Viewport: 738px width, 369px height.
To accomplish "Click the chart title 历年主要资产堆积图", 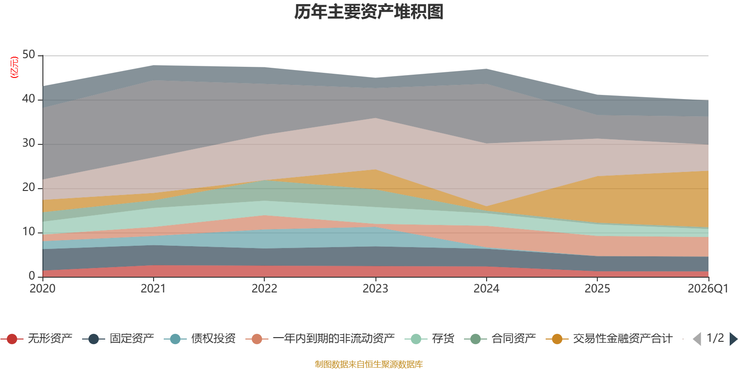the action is (x=369, y=12).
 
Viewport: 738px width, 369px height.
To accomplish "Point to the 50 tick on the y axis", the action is (x=29, y=54).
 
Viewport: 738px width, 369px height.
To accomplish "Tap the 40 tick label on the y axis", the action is (x=29, y=99).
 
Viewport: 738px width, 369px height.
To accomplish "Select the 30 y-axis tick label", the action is (x=29, y=143).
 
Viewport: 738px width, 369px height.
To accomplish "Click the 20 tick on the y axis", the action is (x=29, y=187).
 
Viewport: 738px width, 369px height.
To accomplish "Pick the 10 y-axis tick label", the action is (x=29, y=232).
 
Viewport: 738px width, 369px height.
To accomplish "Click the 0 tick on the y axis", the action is (x=32, y=276).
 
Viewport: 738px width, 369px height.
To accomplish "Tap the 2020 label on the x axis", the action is (x=42, y=289).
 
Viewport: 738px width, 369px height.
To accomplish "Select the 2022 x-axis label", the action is (x=264, y=289).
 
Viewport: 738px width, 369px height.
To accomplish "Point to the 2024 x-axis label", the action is (x=486, y=289).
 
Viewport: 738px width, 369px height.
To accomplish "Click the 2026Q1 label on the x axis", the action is (x=708, y=289).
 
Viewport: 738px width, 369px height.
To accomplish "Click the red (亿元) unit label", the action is (x=14, y=67).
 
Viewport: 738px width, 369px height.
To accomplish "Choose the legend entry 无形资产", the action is (x=36, y=339).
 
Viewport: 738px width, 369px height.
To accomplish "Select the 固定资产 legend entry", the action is (x=118, y=339).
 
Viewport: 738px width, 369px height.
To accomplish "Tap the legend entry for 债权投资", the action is (x=200, y=339).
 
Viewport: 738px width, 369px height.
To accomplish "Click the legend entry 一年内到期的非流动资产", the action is (x=320, y=339).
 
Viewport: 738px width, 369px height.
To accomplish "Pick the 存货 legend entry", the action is (x=429, y=339).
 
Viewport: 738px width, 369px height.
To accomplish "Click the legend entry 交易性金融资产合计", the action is (x=609, y=339).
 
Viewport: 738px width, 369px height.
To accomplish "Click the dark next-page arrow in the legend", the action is (x=733, y=339).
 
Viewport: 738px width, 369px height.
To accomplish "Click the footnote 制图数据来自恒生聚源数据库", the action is (x=369, y=364).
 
